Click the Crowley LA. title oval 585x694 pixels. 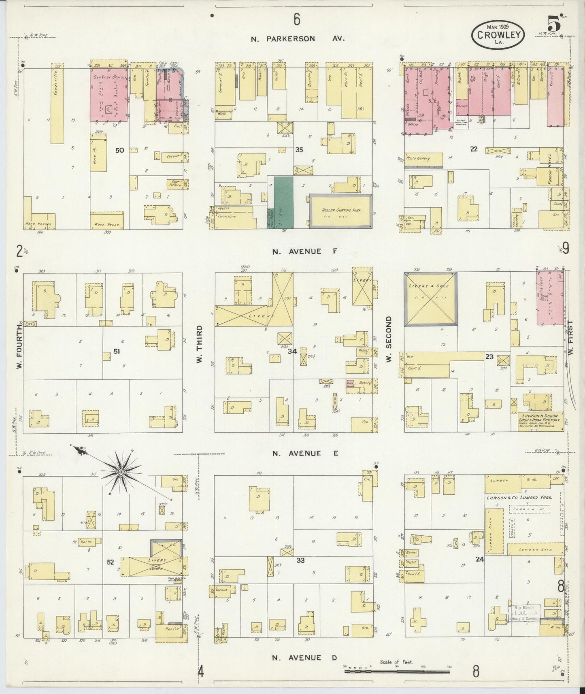[498, 35]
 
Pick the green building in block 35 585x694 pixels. [283, 202]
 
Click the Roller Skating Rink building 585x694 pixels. [341, 211]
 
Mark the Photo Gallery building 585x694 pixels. [423, 160]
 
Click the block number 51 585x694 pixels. [117, 351]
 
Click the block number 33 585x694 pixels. [300, 561]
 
